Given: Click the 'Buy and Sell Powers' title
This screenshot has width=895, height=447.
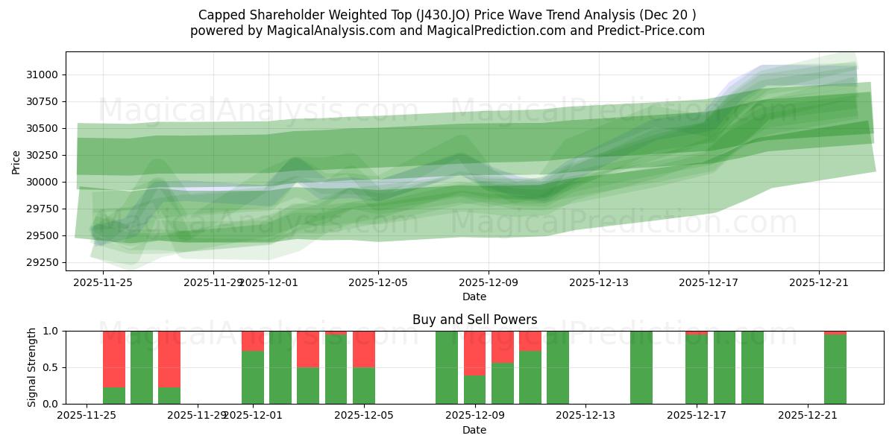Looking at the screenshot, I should tap(474, 320).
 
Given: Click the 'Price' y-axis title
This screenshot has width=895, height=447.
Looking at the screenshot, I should tap(16, 161).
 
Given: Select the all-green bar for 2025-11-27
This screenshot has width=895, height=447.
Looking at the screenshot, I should tap(142, 367).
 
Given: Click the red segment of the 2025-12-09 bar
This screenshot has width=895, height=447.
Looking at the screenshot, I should tap(474, 353).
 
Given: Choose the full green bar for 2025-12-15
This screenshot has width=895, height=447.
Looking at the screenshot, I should tap(641, 367).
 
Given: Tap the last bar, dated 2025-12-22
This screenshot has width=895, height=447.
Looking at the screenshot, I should tap(835, 369).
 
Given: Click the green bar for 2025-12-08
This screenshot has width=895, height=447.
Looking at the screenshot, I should tap(447, 367).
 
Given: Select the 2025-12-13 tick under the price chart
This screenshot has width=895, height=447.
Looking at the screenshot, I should tap(598, 282).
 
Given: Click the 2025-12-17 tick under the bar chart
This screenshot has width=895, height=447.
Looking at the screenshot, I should tap(696, 416).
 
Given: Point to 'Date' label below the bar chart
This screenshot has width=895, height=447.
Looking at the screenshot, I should tap(474, 430).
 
